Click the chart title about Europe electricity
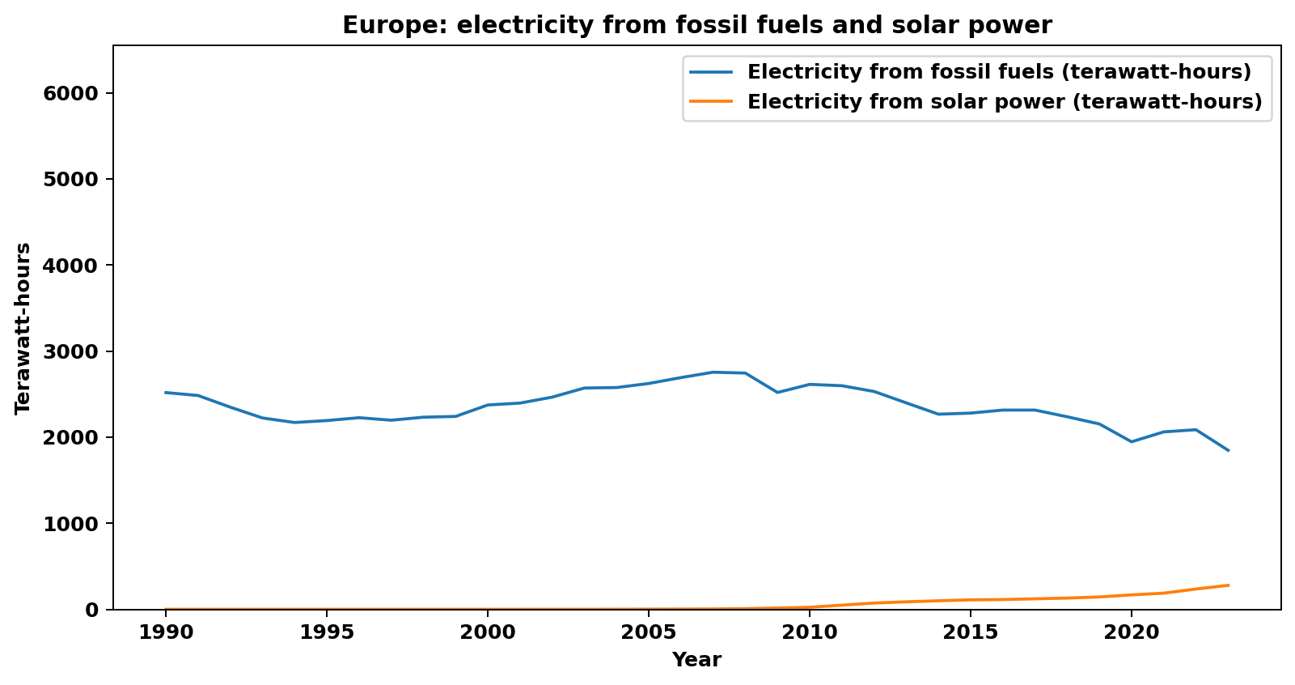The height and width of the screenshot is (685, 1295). click(696, 25)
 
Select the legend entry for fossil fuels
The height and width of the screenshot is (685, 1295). click(999, 72)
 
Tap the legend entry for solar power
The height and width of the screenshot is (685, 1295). click(1004, 102)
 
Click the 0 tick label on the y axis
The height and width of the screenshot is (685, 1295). click(91, 610)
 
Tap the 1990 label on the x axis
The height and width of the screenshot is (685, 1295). click(165, 632)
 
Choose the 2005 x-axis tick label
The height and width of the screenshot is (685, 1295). click(648, 632)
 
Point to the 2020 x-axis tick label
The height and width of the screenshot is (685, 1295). click(1131, 632)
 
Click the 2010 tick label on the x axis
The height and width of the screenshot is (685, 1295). click(809, 632)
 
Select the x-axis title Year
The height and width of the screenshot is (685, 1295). click(696, 660)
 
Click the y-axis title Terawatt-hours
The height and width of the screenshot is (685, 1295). click(23, 328)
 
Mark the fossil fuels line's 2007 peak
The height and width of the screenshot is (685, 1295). click(713, 372)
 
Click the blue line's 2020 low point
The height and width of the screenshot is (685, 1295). click(1131, 441)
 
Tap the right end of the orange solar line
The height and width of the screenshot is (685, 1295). click(1228, 585)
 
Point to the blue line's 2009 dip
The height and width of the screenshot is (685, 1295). click(777, 392)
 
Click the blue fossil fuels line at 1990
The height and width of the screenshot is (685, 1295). click(166, 393)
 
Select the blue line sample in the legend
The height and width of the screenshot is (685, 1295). click(711, 72)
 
